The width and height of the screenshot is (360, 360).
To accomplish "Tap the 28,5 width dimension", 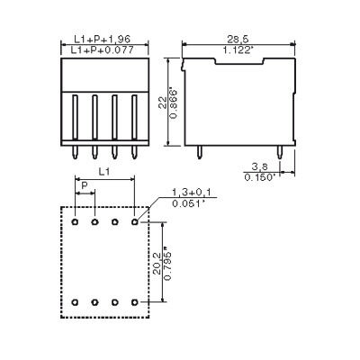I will (x=238, y=40).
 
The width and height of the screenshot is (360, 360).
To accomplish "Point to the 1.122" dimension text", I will (x=238, y=51).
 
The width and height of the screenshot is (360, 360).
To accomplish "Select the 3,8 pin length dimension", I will (x=258, y=166).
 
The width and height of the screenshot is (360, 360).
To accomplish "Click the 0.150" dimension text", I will (x=258, y=177).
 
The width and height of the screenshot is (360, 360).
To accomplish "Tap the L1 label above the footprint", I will (x=104, y=170).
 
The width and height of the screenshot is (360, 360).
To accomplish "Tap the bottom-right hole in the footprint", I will (x=134, y=301).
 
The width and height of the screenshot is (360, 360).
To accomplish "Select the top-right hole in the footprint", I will (x=134, y=220).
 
